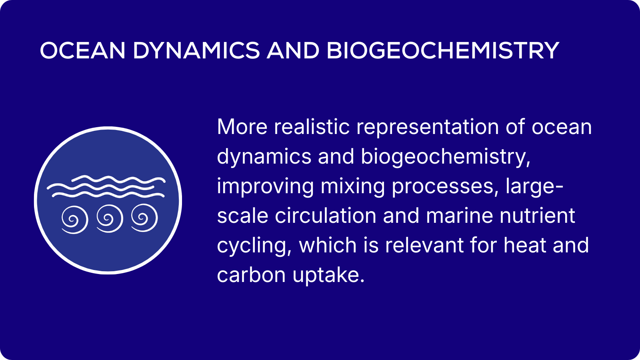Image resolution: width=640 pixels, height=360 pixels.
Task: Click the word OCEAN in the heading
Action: (82, 50)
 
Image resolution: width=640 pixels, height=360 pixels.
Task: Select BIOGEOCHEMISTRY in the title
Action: (442, 50)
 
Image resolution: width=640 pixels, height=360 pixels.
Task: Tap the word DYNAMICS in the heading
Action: (196, 50)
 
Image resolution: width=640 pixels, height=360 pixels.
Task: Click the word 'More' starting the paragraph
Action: (242, 126)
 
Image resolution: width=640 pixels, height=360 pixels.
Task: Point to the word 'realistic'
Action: (312, 126)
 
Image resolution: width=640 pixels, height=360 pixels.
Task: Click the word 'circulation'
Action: (326, 216)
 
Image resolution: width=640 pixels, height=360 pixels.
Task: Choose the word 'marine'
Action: (459, 216)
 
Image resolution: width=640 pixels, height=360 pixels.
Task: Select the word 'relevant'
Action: (424, 245)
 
